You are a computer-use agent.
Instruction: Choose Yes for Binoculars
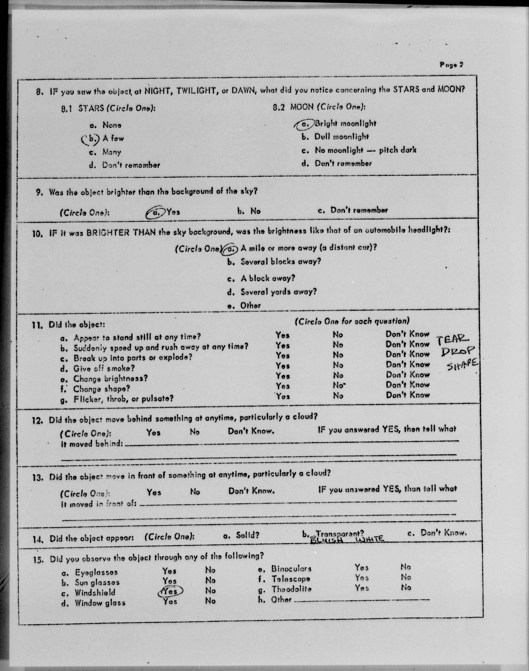click(x=362, y=567)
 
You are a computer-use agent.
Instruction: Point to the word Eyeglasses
click(x=96, y=572)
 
